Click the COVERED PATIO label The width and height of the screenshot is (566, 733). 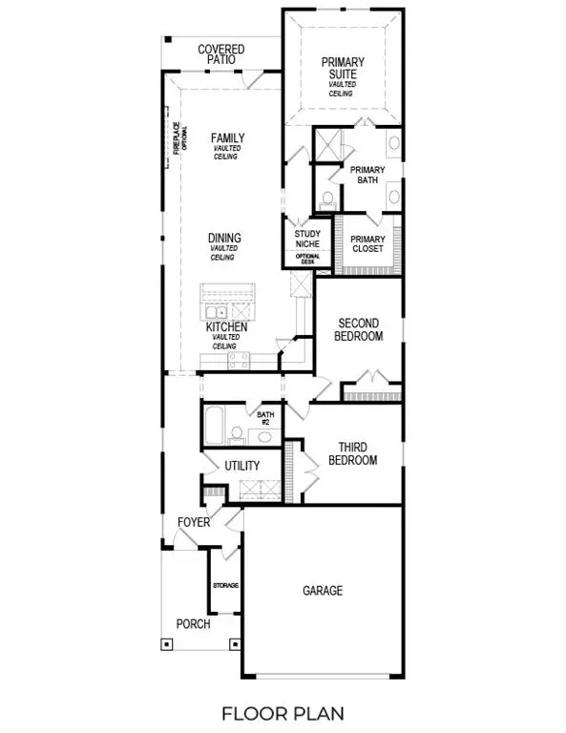[x=220, y=54]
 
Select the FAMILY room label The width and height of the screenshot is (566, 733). [x=227, y=139]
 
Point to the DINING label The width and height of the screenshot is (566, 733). [x=225, y=239]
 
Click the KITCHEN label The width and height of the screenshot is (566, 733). [x=227, y=327]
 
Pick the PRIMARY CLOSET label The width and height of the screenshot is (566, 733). [x=367, y=244]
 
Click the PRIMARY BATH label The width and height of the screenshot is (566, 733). [x=367, y=175]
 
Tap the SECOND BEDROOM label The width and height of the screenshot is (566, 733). [x=359, y=330]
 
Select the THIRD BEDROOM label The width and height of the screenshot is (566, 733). [x=352, y=453]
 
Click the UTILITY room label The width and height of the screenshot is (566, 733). [x=242, y=466]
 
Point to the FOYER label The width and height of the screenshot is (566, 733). [x=193, y=523]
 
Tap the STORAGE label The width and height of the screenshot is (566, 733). [x=225, y=584]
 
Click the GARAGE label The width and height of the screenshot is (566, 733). [x=323, y=591]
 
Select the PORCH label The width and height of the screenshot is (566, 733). [x=193, y=624]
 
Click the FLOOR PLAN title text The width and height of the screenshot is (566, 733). [x=283, y=712]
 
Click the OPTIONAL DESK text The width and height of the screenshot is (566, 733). [x=306, y=260]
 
